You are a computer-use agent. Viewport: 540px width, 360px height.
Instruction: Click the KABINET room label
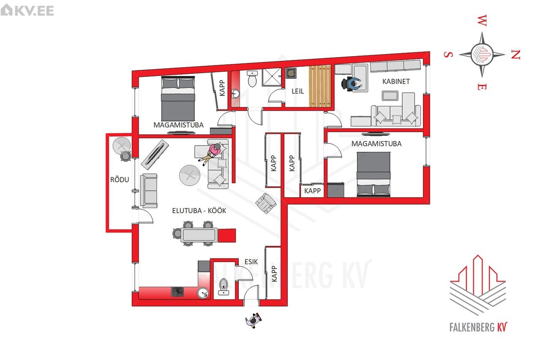[396, 81]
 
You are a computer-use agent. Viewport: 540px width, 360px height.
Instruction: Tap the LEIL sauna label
[298, 91]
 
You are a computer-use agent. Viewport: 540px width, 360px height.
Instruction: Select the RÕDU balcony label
[119, 180]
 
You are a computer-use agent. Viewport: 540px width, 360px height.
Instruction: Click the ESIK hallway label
[251, 262]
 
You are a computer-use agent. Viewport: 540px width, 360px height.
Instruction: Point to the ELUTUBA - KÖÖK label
[199, 211]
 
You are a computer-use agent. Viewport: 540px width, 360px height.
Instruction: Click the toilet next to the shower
[252, 78]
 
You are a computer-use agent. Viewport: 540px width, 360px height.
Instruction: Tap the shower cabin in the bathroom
[272, 77]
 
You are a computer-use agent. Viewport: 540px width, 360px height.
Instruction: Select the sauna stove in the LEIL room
[291, 73]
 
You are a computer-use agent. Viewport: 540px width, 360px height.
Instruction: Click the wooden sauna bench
[320, 86]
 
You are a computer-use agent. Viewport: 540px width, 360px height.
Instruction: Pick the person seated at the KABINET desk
[352, 84]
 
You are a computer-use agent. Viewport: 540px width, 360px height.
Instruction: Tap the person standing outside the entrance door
[254, 320]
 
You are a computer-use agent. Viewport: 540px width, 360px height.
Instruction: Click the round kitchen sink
[203, 293]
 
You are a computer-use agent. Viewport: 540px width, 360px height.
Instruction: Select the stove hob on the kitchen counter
[178, 292]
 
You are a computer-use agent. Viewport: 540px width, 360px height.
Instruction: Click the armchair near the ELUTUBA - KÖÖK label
[266, 203]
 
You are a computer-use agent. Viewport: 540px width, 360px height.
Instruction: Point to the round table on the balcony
[122, 146]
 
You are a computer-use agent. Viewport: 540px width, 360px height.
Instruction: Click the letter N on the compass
[516, 55]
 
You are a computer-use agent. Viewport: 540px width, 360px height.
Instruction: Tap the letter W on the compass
[482, 20]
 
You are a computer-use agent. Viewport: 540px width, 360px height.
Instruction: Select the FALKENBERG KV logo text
[478, 327]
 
